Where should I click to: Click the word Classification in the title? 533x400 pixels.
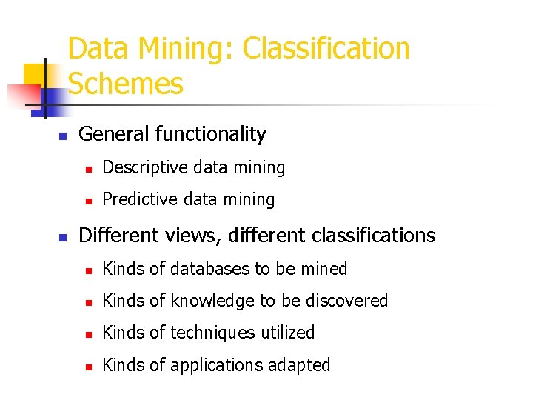[x=326, y=49]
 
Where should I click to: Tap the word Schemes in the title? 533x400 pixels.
[x=125, y=84]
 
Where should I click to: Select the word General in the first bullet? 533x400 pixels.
[x=114, y=134]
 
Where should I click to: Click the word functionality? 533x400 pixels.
[x=211, y=134]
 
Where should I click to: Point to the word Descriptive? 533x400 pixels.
[x=144, y=168]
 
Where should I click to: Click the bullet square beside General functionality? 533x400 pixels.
[x=63, y=136]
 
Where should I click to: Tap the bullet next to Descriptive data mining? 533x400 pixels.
[x=87, y=170]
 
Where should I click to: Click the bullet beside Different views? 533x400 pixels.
[x=63, y=237]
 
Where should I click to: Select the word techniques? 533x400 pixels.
[x=210, y=333]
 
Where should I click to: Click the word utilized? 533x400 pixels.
[x=287, y=333]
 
